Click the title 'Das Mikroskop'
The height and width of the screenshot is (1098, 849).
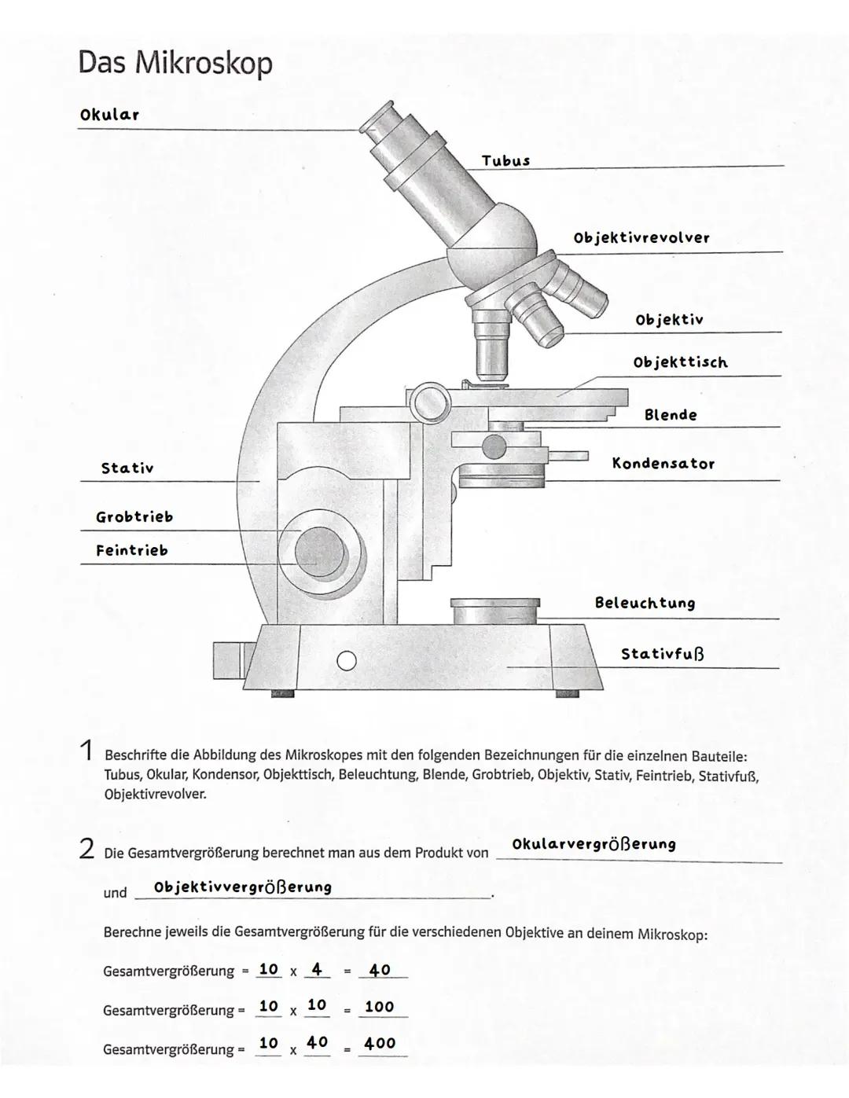(x=175, y=63)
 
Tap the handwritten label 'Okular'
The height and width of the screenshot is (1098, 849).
(x=109, y=115)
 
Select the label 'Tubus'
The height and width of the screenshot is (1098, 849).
(x=505, y=161)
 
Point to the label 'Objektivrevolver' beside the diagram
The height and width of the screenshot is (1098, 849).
(x=641, y=237)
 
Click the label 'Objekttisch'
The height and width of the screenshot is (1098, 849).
(x=680, y=362)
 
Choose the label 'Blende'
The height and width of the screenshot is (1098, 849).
(x=671, y=415)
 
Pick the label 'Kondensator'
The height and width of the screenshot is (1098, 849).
(x=663, y=464)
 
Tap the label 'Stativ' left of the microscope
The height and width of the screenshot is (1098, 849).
(x=127, y=468)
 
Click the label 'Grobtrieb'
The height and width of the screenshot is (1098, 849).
(x=134, y=517)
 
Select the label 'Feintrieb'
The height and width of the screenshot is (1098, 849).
(x=132, y=551)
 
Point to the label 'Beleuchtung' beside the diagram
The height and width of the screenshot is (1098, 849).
(x=645, y=604)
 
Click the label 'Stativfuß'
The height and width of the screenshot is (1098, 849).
(x=663, y=654)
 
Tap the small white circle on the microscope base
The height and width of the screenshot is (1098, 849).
(x=347, y=661)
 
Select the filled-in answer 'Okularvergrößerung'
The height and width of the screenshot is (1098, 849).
(x=594, y=845)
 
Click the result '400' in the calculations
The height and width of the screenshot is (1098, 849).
(x=380, y=1044)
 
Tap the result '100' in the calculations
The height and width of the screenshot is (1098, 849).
(x=380, y=1007)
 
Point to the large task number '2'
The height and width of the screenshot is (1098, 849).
(x=86, y=849)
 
